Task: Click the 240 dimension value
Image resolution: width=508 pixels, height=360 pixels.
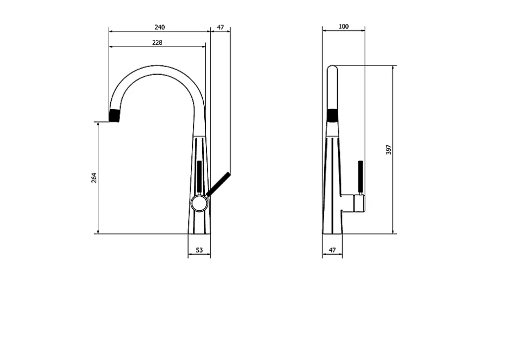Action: pyautogui.click(x=159, y=27)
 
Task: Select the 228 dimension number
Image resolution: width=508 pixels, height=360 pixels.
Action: pyautogui.click(x=157, y=43)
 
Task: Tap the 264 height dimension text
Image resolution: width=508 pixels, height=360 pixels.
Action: pyautogui.click(x=93, y=178)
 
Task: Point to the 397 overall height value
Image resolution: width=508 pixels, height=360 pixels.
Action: pyautogui.click(x=389, y=149)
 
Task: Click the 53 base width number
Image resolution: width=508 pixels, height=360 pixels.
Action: pyautogui.click(x=199, y=250)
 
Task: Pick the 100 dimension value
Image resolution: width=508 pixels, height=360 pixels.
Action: pyautogui.click(x=343, y=26)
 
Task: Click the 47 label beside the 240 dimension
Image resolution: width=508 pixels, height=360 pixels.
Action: pyautogui.click(x=220, y=27)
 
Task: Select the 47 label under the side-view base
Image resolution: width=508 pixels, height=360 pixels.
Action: pyautogui.click(x=332, y=250)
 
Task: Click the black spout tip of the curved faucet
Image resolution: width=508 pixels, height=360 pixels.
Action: pyautogui.click(x=114, y=116)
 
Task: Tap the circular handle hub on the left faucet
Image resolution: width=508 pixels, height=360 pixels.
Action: pyautogui.click(x=199, y=203)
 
